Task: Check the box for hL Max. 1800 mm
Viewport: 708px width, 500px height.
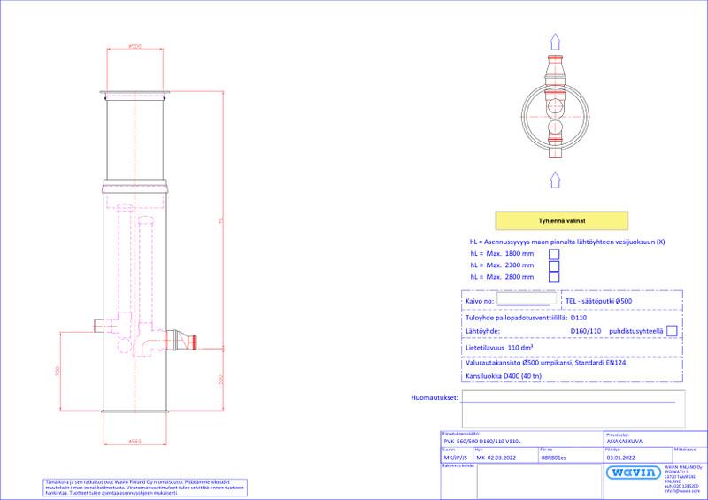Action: click(554, 253)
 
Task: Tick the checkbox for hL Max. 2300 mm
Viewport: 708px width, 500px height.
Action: click(554, 265)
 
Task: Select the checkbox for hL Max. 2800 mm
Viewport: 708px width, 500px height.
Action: click(554, 277)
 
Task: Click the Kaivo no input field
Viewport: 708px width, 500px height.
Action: click(527, 300)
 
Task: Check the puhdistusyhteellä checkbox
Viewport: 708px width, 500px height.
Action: click(672, 331)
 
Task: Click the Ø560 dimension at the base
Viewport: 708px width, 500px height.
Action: click(135, 441)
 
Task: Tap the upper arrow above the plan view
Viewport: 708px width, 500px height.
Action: click(555, 42)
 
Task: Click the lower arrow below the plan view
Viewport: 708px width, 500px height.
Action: click(555, 179)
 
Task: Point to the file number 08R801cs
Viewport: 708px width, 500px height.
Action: click(555, 458)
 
